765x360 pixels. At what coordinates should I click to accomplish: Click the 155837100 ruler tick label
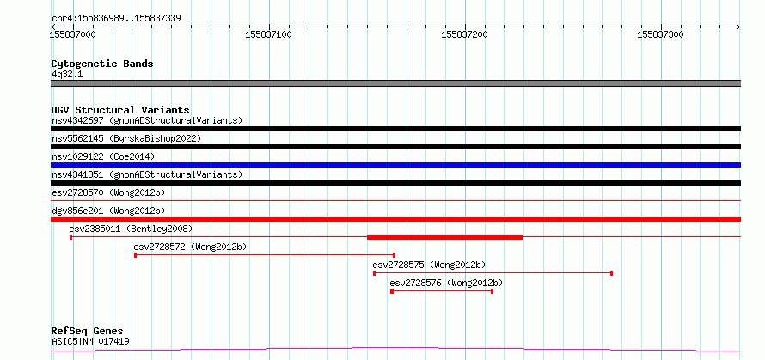268,34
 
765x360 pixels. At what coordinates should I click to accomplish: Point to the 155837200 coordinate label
464,34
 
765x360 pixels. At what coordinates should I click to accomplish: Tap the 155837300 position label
661,34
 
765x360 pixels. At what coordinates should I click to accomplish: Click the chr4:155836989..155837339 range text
117,19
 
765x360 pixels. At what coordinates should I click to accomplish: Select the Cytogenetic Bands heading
102,64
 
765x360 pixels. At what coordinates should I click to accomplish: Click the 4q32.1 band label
67,74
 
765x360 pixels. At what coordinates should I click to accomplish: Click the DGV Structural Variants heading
120,110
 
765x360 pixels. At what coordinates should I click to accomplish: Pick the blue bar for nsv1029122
395,165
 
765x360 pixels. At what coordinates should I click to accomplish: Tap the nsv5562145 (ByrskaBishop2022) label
126,138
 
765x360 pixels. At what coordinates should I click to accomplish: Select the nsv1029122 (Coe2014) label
103,156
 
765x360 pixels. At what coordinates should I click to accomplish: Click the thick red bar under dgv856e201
395,219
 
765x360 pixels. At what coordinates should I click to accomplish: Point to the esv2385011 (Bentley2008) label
131,229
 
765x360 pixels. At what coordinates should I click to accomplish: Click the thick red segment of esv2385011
444,237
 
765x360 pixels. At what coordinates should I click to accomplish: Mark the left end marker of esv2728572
135,255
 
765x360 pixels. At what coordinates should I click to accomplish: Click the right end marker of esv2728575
611,273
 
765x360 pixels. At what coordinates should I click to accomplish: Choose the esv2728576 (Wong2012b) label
446,283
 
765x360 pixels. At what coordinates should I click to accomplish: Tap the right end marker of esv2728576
492,291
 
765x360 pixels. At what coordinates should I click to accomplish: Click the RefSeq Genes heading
88,332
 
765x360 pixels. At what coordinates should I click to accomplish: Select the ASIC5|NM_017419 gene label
91,341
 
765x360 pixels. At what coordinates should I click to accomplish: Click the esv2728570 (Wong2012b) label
108,192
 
